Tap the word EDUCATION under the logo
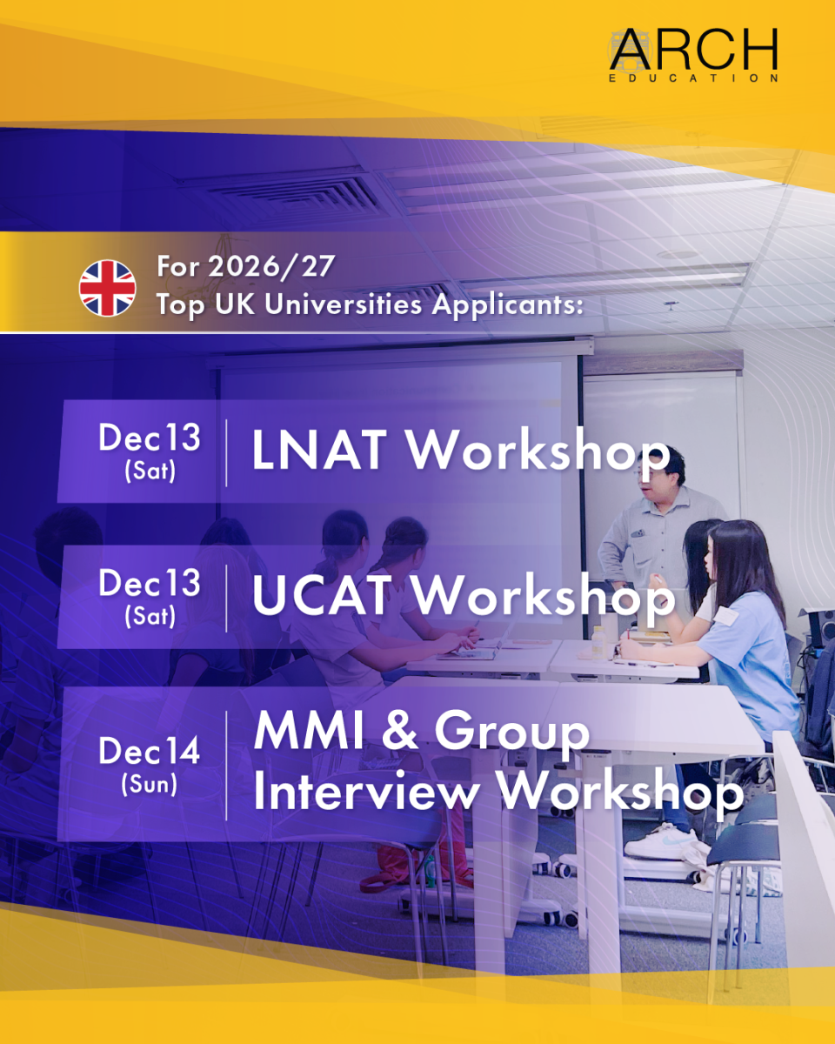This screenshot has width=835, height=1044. point(694,78)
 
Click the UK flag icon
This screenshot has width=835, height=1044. point(107,288)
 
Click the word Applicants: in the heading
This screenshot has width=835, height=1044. point(507,305)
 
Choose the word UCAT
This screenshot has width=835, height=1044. point(322,595)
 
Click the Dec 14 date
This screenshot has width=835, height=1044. point(150,751)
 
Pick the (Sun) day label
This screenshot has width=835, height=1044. point(150,784)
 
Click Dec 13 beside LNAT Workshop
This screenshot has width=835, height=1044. point(150,437)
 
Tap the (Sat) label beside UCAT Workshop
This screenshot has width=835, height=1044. point(150,616)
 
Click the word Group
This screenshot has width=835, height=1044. point(512,734)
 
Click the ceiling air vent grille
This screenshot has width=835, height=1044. point(291,193)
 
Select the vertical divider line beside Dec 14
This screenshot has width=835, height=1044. point(226,766)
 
